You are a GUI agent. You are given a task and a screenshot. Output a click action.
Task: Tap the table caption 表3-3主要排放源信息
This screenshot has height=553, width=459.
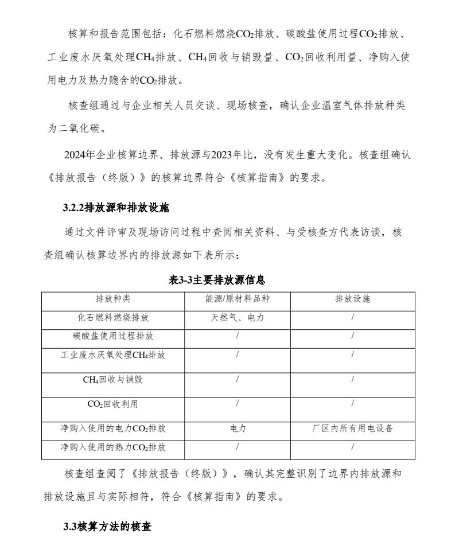coord(217,280)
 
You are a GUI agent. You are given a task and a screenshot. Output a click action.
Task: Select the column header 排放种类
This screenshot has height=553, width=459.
coord(113,299)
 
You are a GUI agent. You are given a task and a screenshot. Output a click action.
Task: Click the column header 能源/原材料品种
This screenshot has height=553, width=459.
coord(238,299)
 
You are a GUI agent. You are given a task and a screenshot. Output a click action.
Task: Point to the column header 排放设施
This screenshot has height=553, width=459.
coord(352,299)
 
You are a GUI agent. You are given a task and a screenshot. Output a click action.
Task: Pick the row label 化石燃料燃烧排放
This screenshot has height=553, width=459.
coord(113,317)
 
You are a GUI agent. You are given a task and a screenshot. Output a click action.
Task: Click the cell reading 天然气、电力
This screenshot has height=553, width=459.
coord(238,317)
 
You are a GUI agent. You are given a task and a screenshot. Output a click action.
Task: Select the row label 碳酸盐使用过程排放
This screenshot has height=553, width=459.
coord(113,336)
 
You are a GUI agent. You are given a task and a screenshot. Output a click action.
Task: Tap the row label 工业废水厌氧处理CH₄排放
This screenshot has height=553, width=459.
coord(113,355)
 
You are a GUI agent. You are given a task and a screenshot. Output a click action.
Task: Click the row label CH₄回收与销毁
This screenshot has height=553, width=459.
coord(113,379)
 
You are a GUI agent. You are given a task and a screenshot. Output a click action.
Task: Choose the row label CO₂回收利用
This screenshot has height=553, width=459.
coord(113,404)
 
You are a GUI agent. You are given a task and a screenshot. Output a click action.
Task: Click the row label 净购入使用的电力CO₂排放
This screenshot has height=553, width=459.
coord(113,429)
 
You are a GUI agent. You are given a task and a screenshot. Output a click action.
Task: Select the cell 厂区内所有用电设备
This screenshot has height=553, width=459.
coord(352,429)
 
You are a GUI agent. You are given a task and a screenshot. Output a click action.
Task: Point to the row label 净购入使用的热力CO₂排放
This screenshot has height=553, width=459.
coord(113,447)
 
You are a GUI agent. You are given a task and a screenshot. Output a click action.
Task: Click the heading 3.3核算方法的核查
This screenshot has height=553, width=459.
coord(107,526)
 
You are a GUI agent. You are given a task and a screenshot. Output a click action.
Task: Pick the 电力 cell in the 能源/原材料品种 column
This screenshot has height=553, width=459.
coord(238,429)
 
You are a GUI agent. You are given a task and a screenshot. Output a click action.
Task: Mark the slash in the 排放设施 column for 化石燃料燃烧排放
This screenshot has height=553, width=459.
coord(352,317)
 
